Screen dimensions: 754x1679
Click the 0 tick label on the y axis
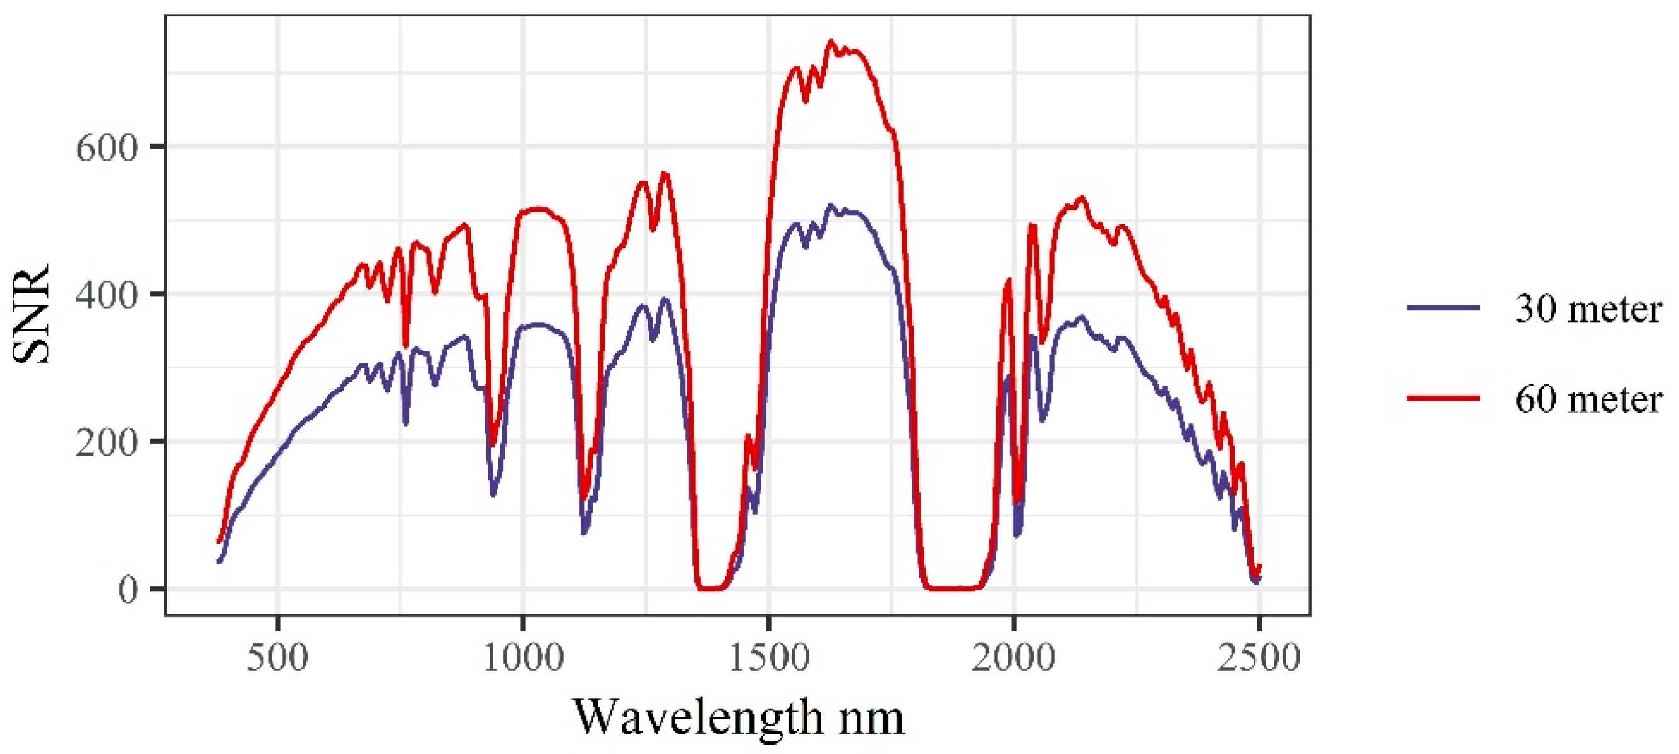(x=128, y=589)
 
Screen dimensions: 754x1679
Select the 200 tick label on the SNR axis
(x=108, y=442)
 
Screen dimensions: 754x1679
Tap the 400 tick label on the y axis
(x=108, y=294)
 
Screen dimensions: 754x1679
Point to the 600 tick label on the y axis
(x=108, y=147)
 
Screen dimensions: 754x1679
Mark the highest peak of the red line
(x=831, y=41)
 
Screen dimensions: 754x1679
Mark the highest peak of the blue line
(x=831, y=205)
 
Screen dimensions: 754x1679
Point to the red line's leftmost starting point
(x=219, y=540)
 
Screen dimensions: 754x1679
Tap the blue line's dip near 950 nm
(x=493, y=494)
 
